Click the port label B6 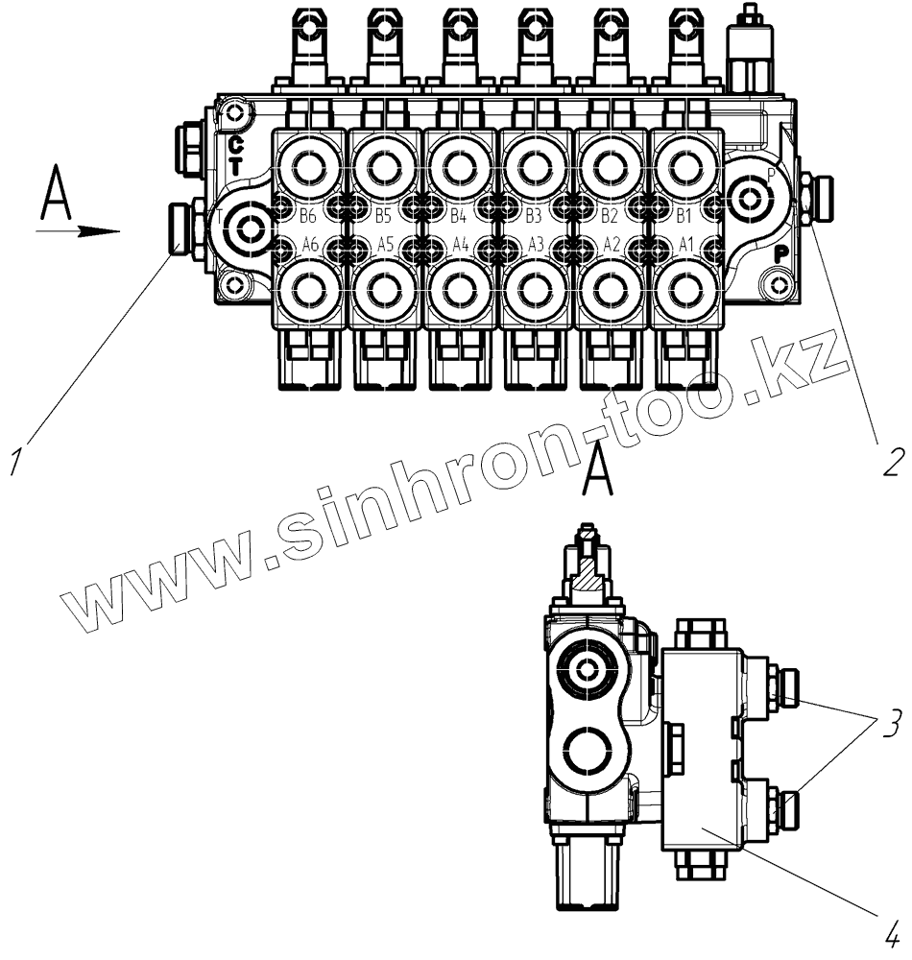click(308, 214)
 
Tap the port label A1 click(685, 244)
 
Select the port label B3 click(535, 214)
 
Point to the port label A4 click(460, 244)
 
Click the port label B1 click(685, 214)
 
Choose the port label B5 click(384, 214)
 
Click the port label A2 click(611, 244)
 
